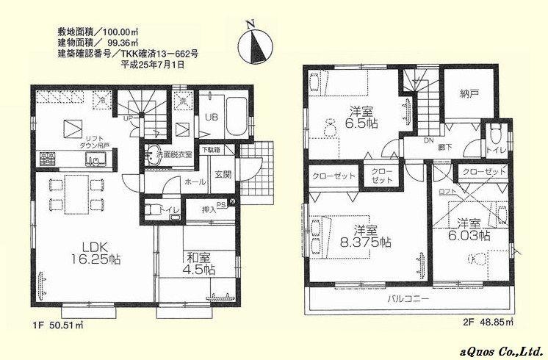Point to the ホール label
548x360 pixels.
195,181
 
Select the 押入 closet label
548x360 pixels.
209,211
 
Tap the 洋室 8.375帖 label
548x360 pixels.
368,235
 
